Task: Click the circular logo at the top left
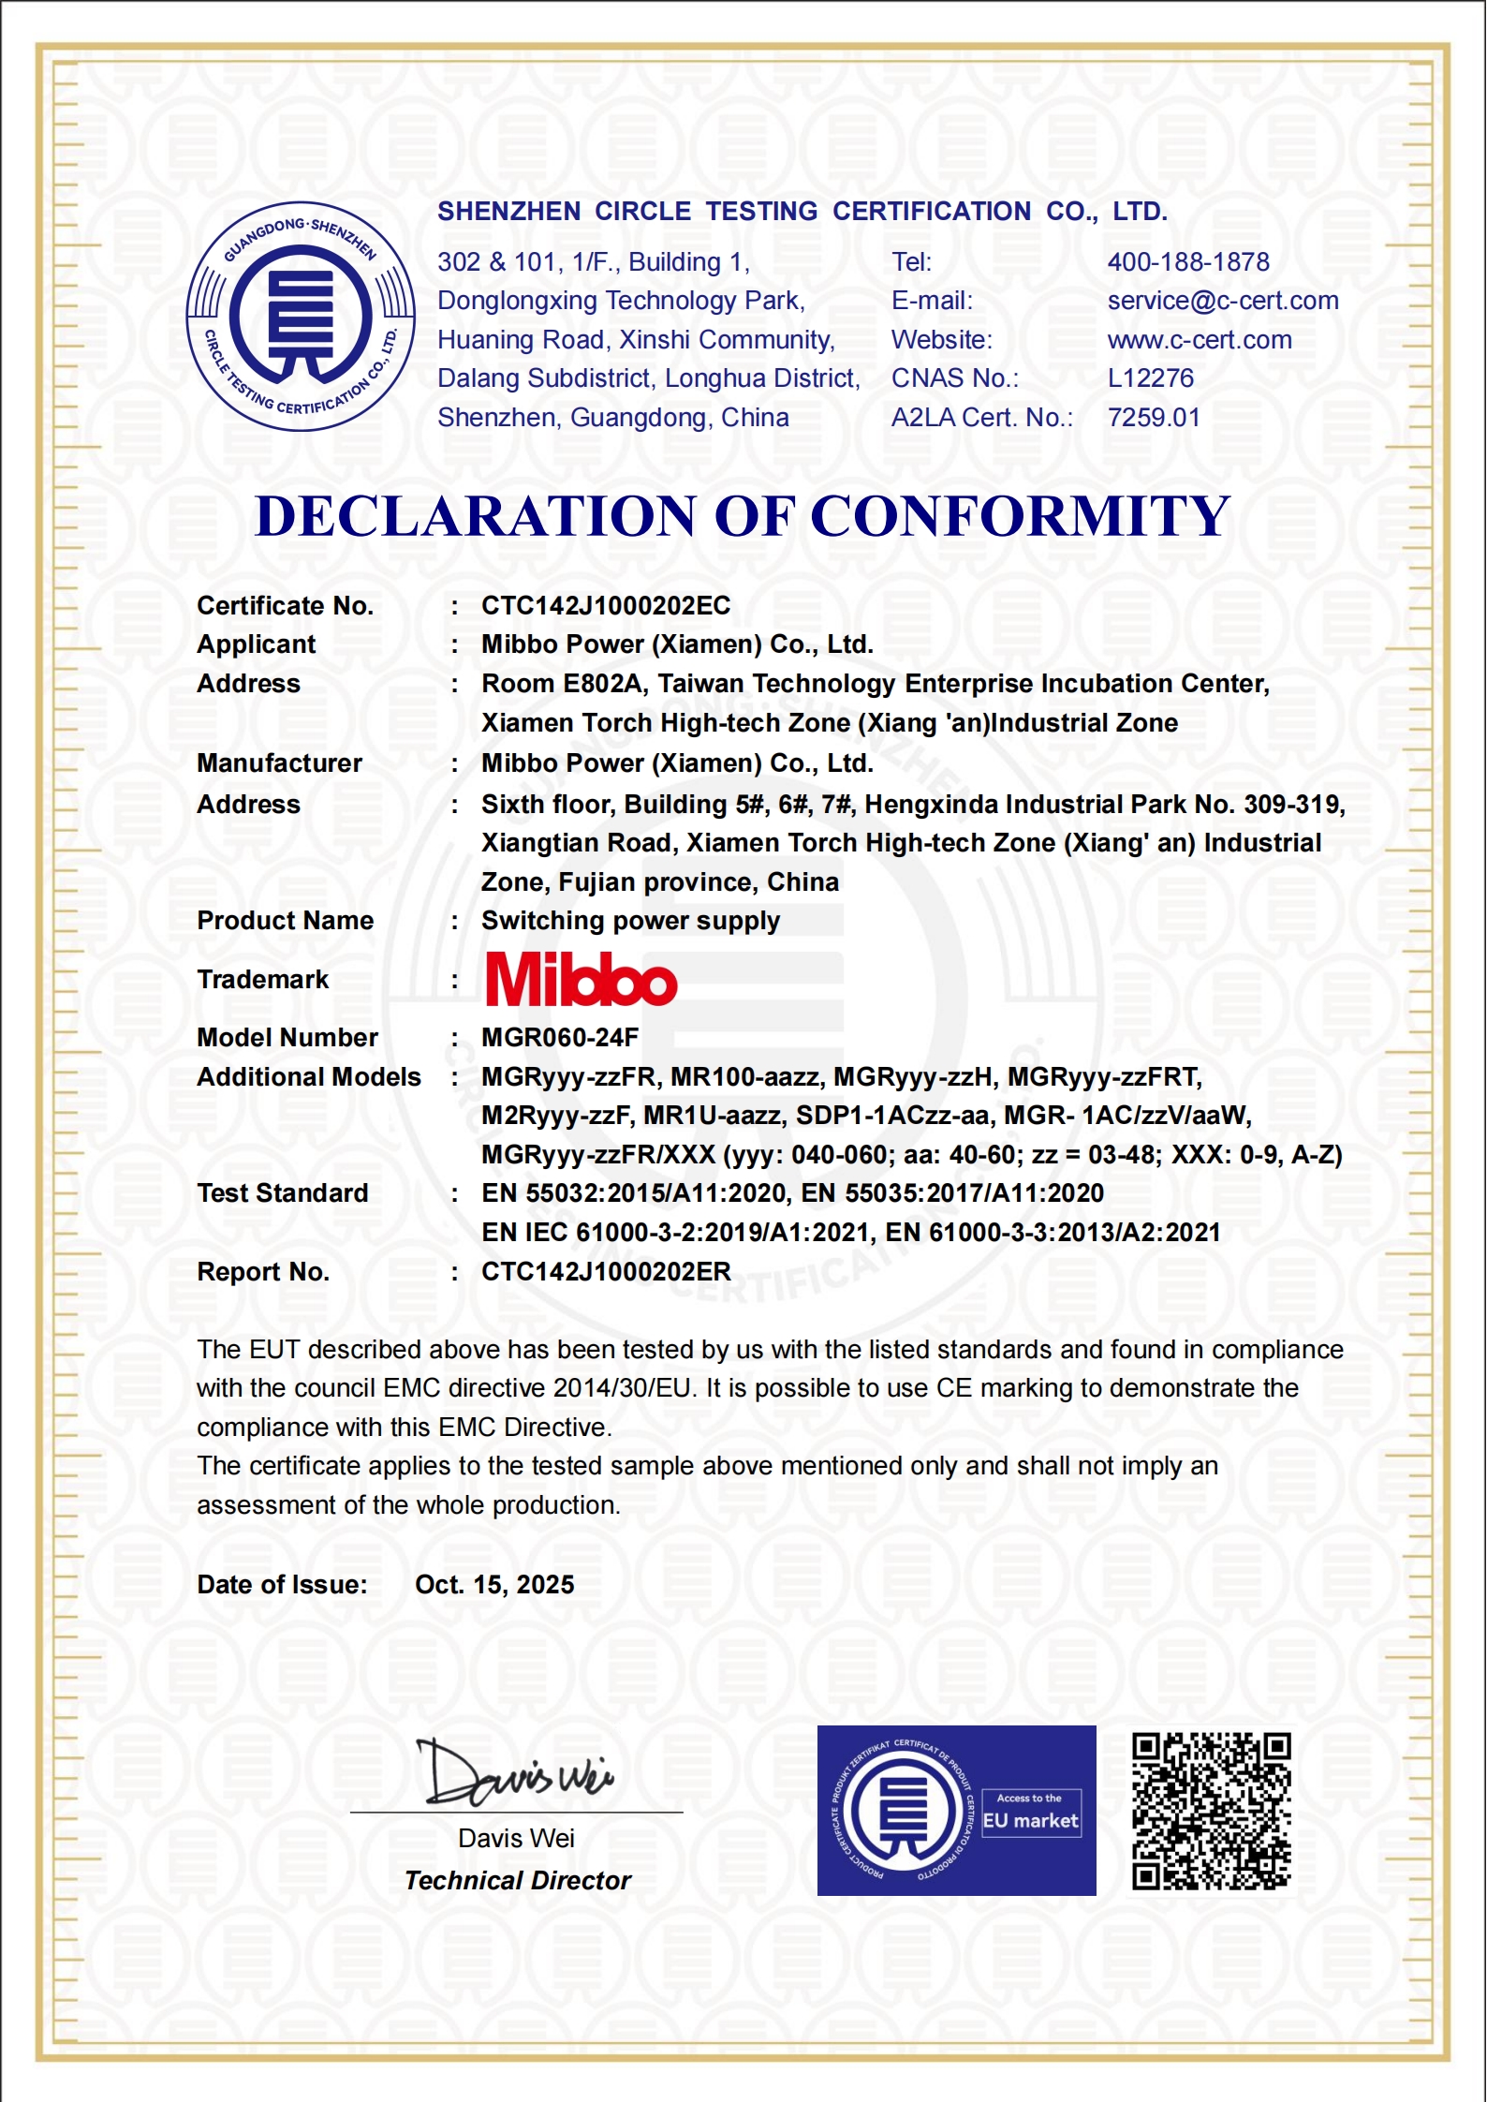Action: pos(301,317)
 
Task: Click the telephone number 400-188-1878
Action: pos(1188,262)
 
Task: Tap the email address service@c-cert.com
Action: pos(1223,301)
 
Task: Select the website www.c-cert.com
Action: pos(1200,340)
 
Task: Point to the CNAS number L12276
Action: pos(1151,378)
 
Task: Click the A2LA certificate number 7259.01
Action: pos(1154,418)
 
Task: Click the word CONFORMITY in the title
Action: pos(1020,516)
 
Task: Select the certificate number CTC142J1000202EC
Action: pos(606,606)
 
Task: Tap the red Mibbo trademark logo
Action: pos(581,980)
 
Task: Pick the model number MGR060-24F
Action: pos(560,1038)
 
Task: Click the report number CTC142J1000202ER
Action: pos(606,1272)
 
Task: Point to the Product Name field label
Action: pos(285,921)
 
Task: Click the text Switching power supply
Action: pos(630,921)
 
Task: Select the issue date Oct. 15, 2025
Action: pos(494,1585)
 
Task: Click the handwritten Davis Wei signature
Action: pos(514,1773)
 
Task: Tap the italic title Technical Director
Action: pos(518,1881)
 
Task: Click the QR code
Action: pos(1212,1811)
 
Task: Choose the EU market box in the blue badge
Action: pos(1030,1813)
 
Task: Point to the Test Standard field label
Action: pos(282,1193)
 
